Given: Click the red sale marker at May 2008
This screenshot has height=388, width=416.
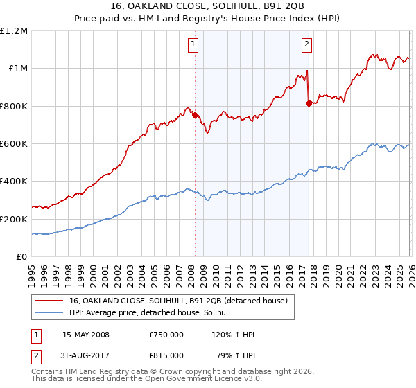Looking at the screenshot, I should [195, 116].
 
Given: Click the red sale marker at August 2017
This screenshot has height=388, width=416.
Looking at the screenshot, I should [309, 103].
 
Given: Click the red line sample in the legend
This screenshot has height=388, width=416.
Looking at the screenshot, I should [50, 300].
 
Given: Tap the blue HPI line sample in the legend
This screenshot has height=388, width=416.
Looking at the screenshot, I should [50, 312].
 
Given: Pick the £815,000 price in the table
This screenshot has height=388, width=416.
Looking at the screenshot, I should [166, 355].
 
